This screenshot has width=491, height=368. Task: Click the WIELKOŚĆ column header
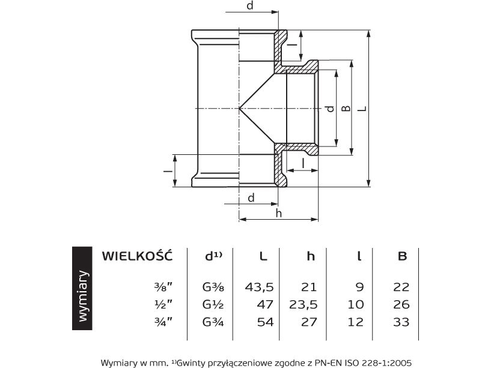(x=137, y=256)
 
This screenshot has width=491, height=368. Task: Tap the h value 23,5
(x=304, y=305)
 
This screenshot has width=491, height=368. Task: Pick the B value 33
(x=402, y=322)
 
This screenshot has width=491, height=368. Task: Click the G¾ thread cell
(x=213, y=322)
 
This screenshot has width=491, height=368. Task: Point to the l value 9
(x=360, y=288)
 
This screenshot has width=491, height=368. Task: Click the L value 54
(x=264, y=322)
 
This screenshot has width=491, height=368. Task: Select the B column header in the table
(x=402, y=256)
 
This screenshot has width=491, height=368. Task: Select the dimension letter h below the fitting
(x=278, y=213)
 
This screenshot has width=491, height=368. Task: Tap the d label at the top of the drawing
(x=250, y=6)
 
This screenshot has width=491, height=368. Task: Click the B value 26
(x=402, y=305)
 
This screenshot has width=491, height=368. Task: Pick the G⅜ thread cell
(x=213, y=288)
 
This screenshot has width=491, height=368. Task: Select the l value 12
(x=356, y=322)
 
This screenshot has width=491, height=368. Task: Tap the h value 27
(x=308, y=322)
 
